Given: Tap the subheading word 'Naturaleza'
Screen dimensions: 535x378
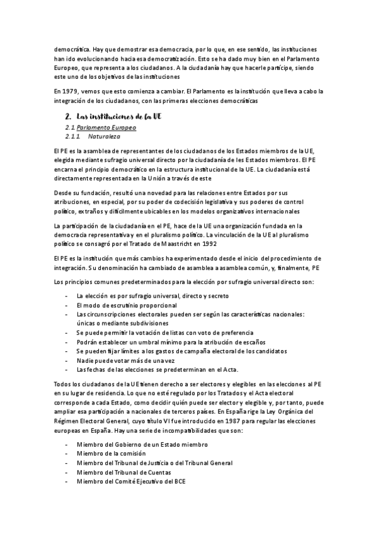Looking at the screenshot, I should pos(105,136).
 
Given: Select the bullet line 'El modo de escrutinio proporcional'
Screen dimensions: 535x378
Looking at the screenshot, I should pos(127,305).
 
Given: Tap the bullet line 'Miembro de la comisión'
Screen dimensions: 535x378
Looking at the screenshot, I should pos(112,454).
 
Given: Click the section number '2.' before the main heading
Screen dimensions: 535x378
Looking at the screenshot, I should pos(67,117).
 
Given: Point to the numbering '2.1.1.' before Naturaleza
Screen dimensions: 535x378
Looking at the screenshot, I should pos(74,136).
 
